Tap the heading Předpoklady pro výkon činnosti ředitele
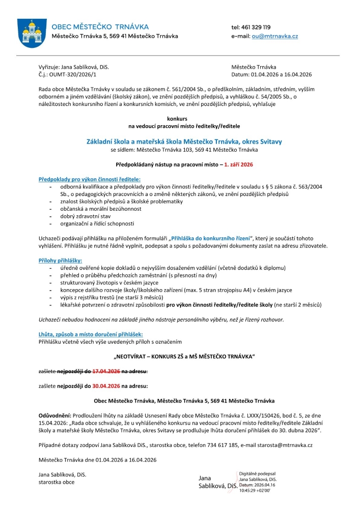(90, 180)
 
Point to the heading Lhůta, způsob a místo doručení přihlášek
(89, 333)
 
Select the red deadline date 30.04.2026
(106, 386)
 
